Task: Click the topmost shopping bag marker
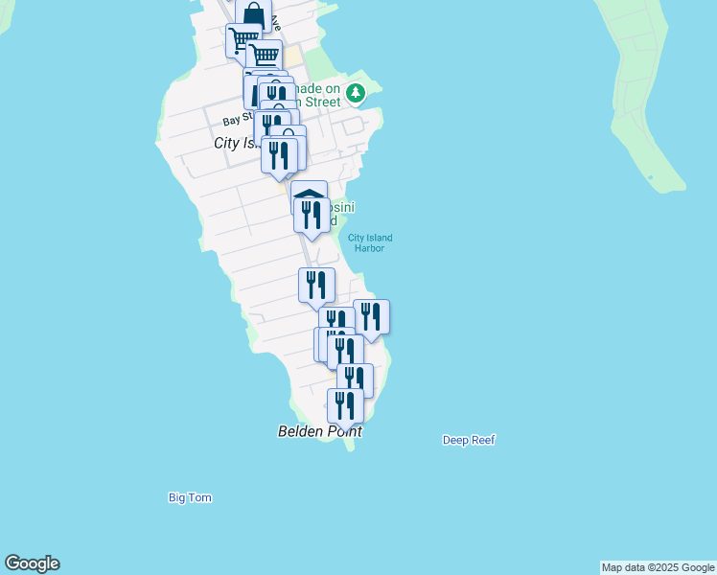[253, 15]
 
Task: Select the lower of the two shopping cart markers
[265, 56]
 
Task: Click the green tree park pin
[357, 93]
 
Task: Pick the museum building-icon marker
[309, 193]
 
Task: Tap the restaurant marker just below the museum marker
[312, 216]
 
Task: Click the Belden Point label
[320, 432]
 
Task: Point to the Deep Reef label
[469, 441]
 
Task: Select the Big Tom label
[190, 498]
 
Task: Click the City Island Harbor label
[370, 243]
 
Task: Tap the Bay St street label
[235, 121]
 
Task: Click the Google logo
[32, 563]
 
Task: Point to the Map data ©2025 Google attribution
[658, 567]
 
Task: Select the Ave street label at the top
[276, 21]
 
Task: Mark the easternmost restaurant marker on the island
[371, 317]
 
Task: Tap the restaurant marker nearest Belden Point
[345, 405]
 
